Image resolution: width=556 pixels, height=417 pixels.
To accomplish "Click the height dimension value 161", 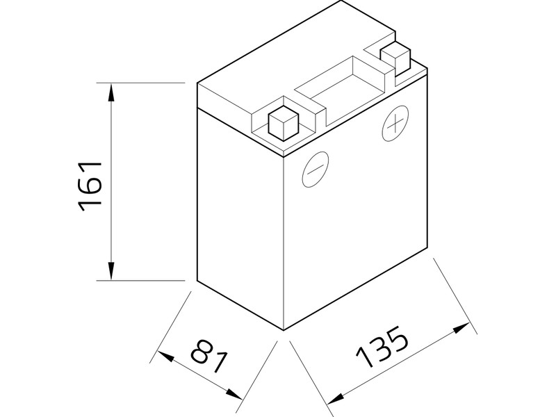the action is coord(91,186).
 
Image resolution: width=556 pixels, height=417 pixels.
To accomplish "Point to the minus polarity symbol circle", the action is coord(316,170).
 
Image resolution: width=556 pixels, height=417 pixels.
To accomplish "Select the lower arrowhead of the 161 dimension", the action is coord(111,272).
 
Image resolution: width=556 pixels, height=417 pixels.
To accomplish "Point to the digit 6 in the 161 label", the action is coord(91,186).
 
